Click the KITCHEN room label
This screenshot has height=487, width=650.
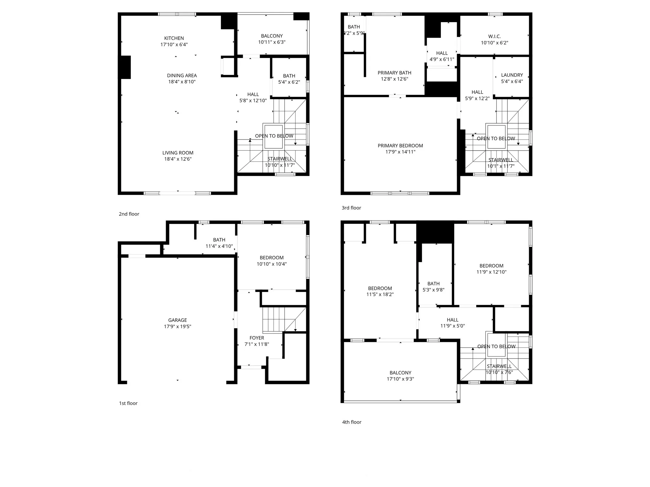(x=174, y=38)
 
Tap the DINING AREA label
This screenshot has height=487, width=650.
(x=182, y=75)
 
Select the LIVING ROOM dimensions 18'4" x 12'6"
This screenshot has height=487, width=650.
(x=178, y=159)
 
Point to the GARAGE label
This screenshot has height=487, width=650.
(x=177, y=320)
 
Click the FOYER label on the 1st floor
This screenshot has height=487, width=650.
(x=257, y=338)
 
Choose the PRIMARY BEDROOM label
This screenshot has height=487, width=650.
(x=400, y=146)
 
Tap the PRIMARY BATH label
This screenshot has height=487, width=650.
(x=395, y=73)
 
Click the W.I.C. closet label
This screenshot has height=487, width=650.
(x=494, y=36)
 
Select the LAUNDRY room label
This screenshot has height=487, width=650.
(x=512, y=75)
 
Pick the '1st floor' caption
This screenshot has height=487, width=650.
(x=128, y=403)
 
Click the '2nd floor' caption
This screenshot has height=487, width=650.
(x=129, y=214)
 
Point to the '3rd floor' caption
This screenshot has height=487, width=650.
(x=351, y=208)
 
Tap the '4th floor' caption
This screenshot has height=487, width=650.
(x=352, y=422)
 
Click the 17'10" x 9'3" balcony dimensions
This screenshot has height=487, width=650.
(x=400, y=379)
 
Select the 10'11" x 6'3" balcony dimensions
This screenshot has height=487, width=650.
(x=272, y=42)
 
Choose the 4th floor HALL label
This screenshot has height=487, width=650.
(x=453, y=320)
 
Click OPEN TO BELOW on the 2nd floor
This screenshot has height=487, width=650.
(x=274, y=136)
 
